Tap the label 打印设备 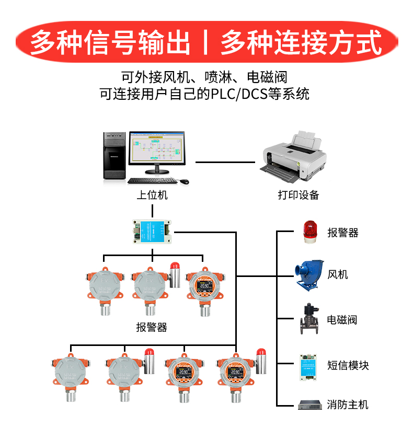pyautogui.click(x=298, y=195)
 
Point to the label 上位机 pyautogui.click(x=152, y=195)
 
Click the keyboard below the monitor pyautogui.click(x=151, y=181)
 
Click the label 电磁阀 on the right pyautogui.click(x=342, y=320)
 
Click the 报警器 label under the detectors pyautogui.click(x=152, y=328)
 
